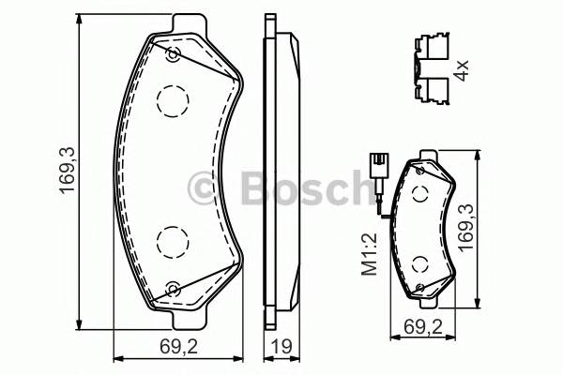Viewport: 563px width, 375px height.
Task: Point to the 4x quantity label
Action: [460, 70]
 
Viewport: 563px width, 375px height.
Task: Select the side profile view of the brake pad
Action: [279, 169]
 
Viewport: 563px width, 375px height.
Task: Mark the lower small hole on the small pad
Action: [420, 287]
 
